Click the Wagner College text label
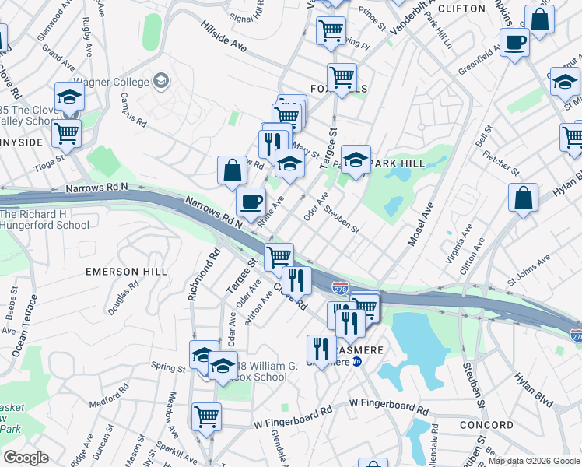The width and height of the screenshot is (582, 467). [x=110, y=81]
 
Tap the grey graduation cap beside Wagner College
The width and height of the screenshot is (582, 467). [x=161, y=80]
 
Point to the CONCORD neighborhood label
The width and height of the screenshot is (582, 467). [x=486, y=425]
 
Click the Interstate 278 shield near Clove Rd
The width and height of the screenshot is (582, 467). [x=340, y=289]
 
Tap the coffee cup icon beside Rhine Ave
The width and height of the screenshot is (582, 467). [x=251, y=202]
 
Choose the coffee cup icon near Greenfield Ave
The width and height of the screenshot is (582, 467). [x=514, y=42]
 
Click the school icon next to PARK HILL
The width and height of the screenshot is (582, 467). [x=356, y=160]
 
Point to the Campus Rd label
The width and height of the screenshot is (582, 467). [x=133, y=111]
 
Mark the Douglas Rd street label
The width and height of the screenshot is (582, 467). [x=124, y=297]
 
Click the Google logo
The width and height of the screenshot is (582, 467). [x=26, y=457]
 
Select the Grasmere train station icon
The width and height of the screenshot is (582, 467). [x=356, y=361]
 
